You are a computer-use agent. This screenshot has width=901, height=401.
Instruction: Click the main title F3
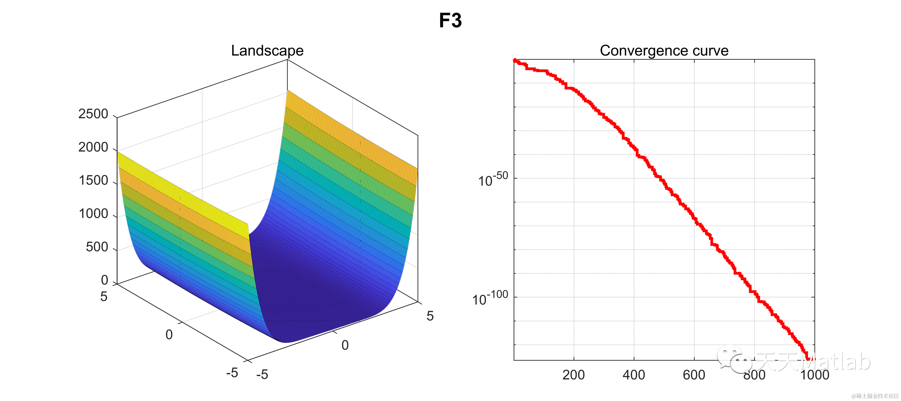(x=450, y=21)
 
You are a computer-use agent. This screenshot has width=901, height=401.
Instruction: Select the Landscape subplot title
(x=267, y=51)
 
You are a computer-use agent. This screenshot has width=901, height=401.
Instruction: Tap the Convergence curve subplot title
(x=664, y=51)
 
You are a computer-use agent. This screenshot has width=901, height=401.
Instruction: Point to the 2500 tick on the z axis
(x=93, y=114)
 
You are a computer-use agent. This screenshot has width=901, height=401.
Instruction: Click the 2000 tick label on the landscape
(x=93, y=147)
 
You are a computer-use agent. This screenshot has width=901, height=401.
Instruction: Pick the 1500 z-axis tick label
(x=93, y=180)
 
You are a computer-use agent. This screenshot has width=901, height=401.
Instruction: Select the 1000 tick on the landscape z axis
(x=93, y=214)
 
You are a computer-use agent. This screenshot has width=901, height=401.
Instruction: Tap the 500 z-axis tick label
(x=97, y=247)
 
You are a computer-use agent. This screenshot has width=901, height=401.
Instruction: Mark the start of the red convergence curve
(x=515, y=60)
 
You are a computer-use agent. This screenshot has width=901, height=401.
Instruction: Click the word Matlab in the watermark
(x=839, y=361)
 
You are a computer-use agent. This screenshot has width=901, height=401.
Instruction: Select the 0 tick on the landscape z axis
(x=104, y=280)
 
